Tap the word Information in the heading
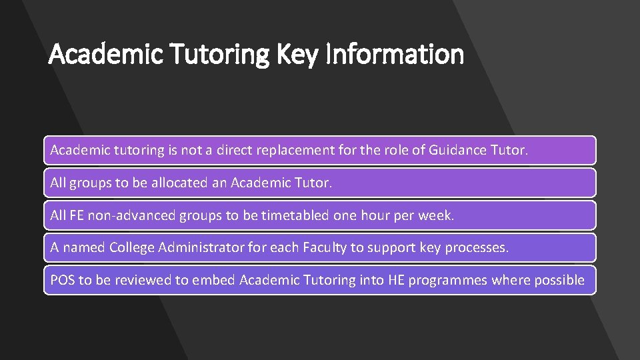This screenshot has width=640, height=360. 395,53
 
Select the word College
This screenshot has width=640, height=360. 132,247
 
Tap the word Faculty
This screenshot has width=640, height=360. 325,247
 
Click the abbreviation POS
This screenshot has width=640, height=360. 63,280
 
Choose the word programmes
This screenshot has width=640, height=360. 447,281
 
